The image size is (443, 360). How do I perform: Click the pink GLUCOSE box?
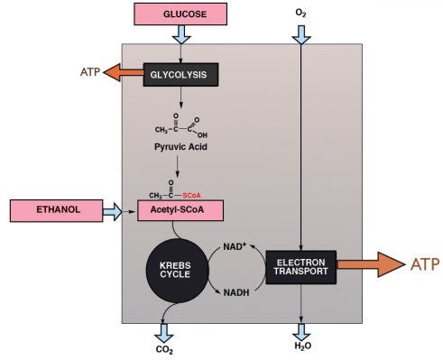181,14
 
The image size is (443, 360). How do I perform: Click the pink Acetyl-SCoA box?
180,211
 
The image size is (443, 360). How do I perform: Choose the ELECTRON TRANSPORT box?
301,268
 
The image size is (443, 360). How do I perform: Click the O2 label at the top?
300,14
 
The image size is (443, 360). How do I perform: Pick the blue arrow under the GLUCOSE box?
181,34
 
